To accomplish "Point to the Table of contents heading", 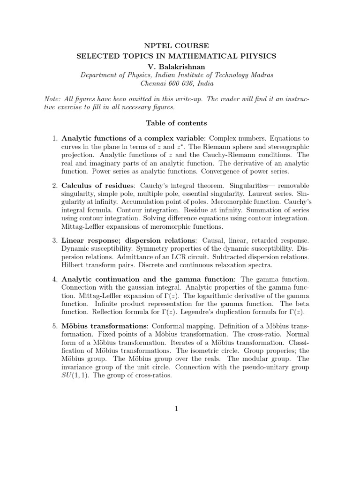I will coord(176,123).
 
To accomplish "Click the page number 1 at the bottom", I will coord(176,409).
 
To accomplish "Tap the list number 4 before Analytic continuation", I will coord(54,279).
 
